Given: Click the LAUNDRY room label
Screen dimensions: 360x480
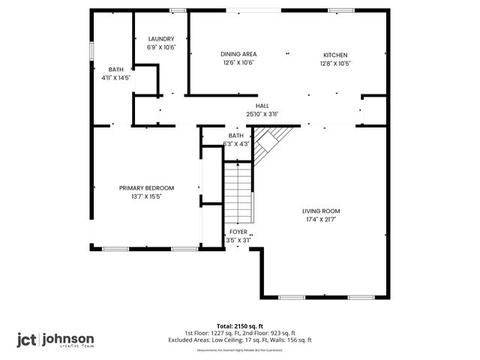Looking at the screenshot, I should [x=161, y=39].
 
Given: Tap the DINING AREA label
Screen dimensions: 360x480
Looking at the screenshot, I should [x=239, y=55].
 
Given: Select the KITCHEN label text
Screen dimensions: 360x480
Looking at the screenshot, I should [x=335, y=55].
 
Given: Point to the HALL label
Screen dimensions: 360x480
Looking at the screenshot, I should [x=262, y=106].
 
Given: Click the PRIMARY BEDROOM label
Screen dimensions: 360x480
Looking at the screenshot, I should [x=147, y=187].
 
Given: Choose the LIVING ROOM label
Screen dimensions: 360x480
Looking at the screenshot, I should [x=321, y=211].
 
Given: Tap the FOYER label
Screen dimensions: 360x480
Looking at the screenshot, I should [x=238, y=232].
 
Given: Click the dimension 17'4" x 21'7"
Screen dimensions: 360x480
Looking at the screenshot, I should [x=321, y=220].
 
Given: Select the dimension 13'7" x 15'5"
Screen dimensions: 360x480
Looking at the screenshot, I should [x=147, y=196].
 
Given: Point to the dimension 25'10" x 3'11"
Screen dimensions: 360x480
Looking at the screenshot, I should [x=262, y=114].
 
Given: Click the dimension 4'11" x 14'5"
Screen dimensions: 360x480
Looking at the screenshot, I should [x=116, y=76].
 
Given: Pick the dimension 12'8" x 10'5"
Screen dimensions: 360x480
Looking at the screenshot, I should [x=335, y=63].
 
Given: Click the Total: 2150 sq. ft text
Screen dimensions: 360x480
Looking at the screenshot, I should [x=239, y=326].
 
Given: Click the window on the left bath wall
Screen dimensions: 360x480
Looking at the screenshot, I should [x=91, y=49].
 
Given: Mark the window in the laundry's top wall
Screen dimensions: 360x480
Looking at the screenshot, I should [x=178, y=10].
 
